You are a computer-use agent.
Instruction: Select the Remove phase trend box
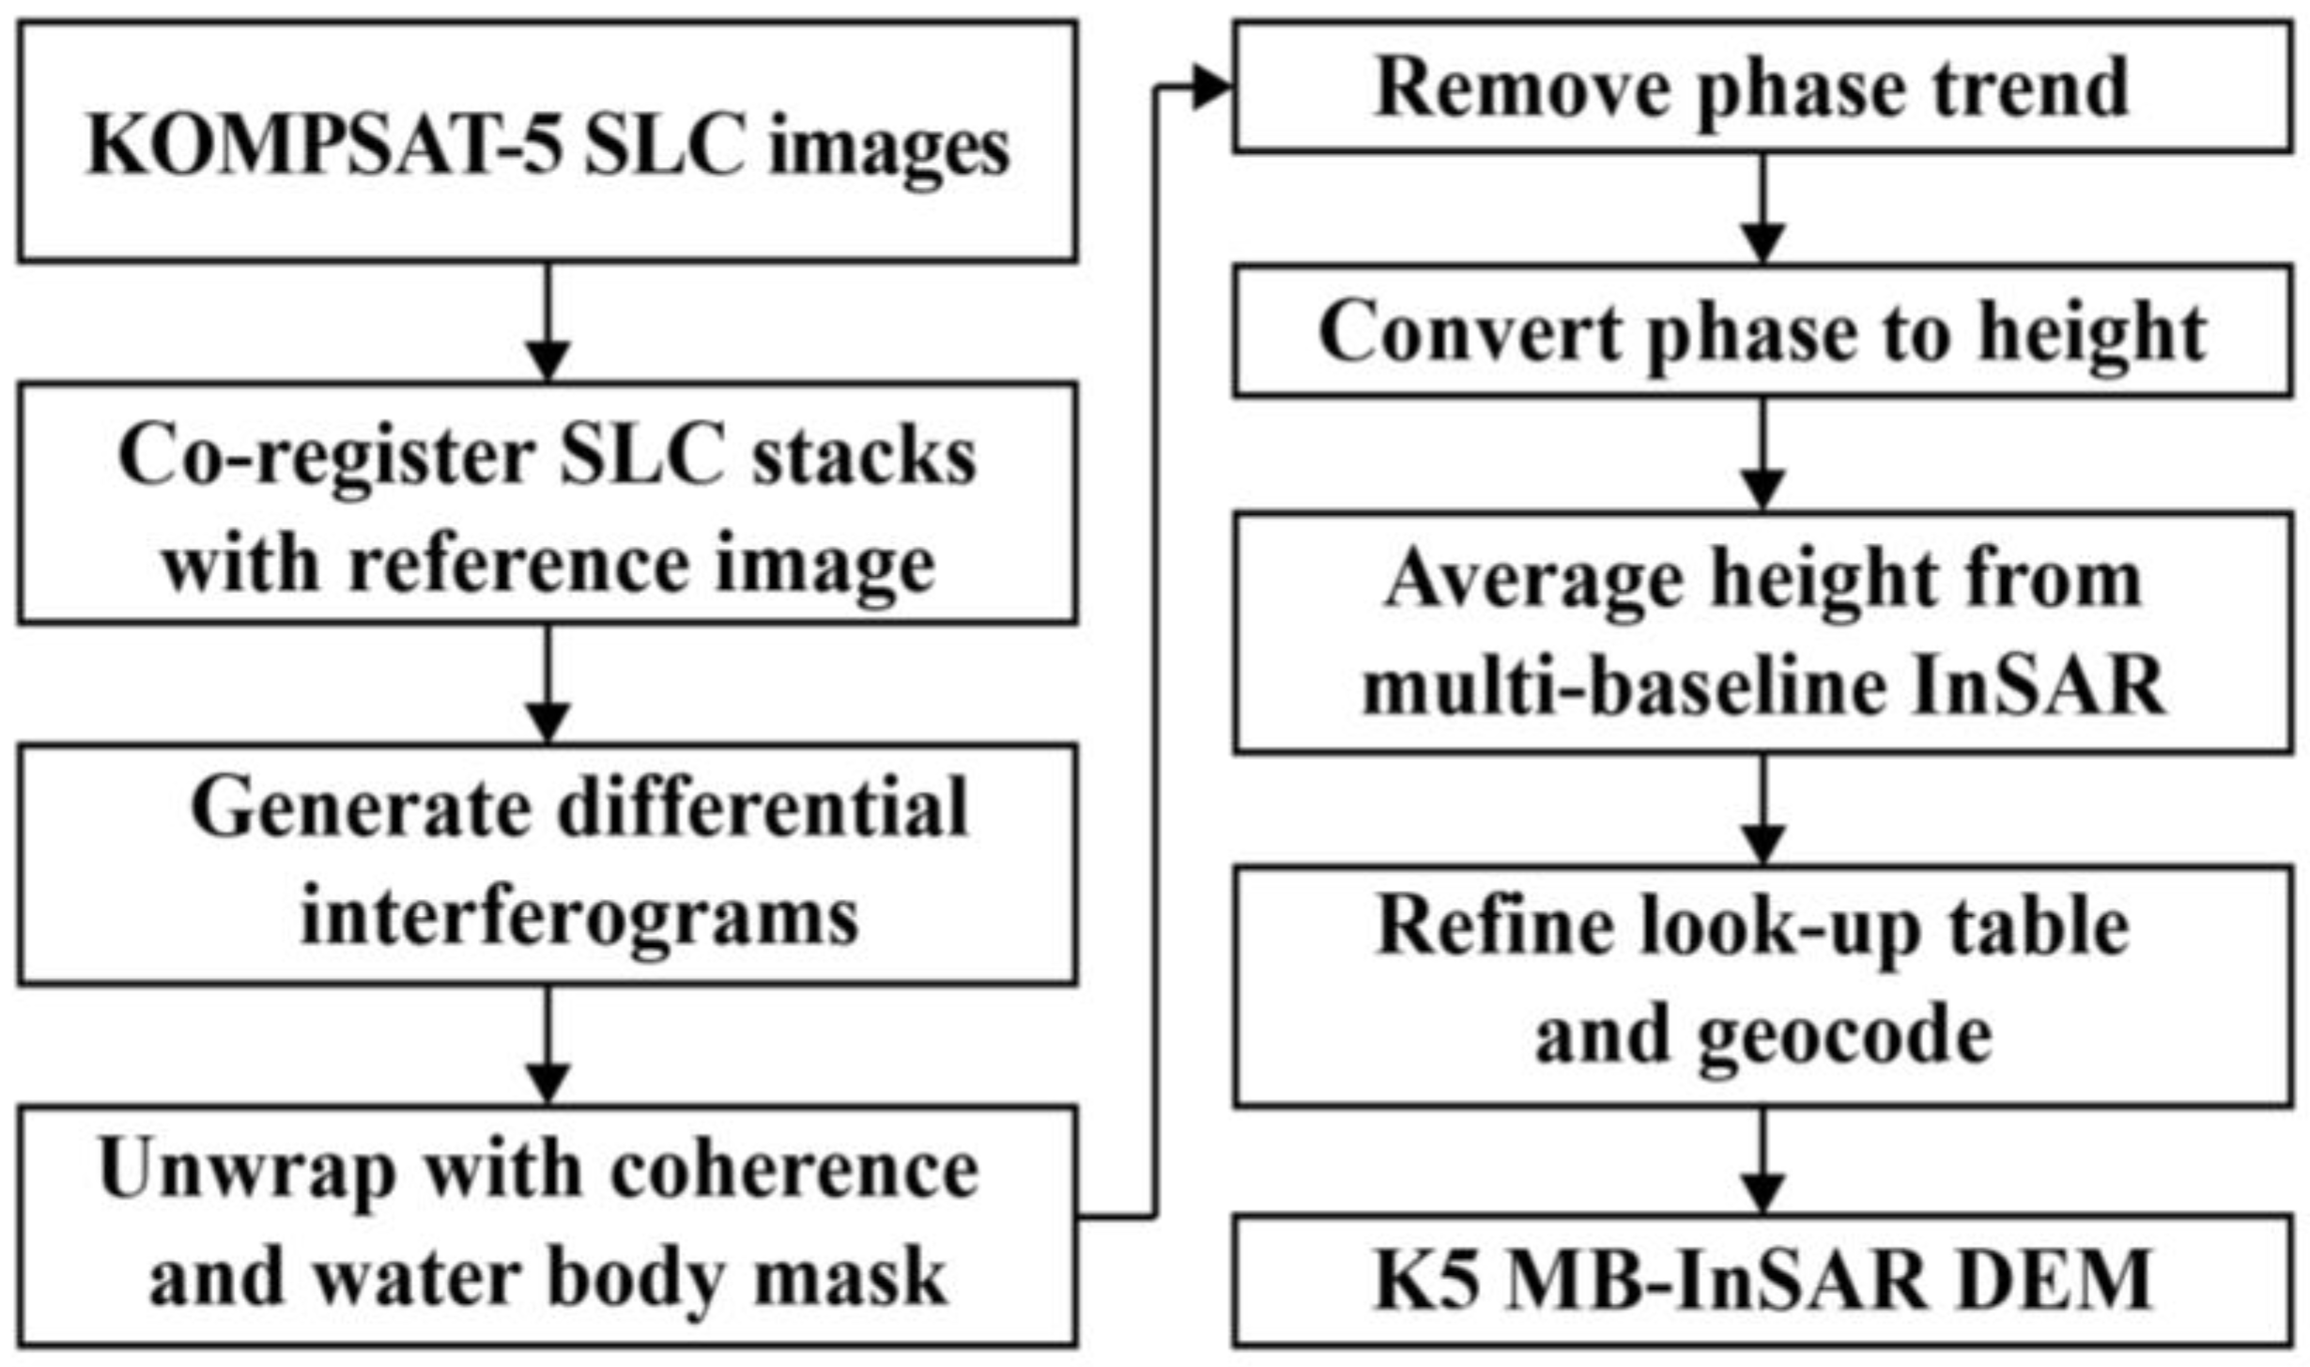(x=1762, y=86)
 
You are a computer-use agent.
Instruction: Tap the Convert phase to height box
(x=1762, y=332)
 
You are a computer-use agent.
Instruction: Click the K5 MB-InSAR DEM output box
(x=1762, y=1280)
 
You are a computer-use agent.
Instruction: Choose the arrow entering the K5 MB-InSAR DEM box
(x=1763, y=1161)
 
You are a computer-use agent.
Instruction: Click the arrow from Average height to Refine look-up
(x=1763, y=809)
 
